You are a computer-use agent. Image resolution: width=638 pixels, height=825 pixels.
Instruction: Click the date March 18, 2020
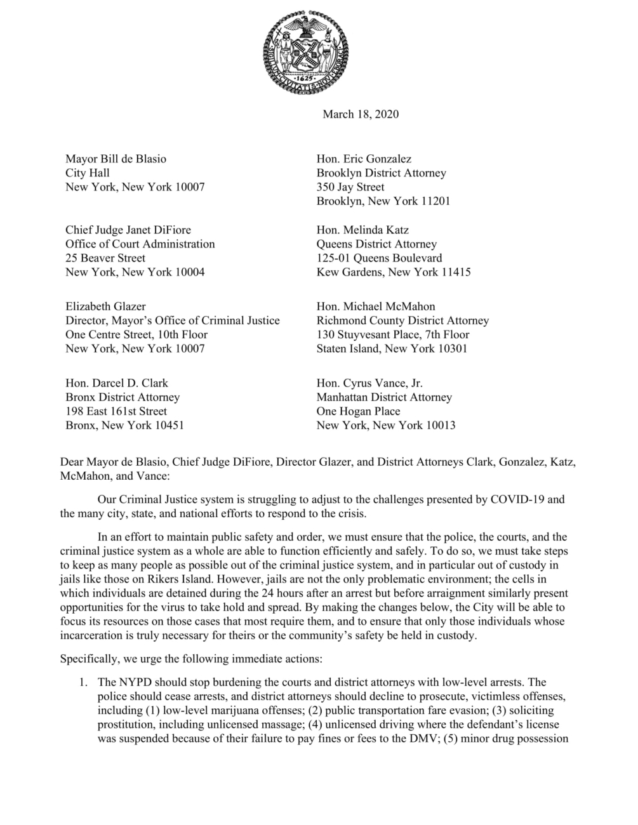point(361,114)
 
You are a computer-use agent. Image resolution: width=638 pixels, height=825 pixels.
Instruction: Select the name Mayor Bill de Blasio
point(116,159)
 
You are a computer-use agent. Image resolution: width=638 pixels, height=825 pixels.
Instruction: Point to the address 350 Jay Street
point(350,187)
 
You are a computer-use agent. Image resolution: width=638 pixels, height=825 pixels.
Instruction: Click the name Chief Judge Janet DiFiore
point(128,230)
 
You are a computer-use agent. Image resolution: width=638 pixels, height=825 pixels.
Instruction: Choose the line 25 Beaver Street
point(105,258)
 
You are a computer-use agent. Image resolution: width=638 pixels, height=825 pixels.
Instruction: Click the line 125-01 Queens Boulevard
point(379,258)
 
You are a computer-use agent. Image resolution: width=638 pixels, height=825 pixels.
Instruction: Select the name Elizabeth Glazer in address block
point(105,306)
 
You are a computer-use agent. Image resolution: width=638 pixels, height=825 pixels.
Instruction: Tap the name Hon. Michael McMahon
point(376,306)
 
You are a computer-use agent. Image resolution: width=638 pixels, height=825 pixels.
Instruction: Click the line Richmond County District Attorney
point(402,320)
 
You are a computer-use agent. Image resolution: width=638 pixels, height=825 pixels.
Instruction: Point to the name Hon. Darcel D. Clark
point(117,383)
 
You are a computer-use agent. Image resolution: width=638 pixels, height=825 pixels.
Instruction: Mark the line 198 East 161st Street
point(116,411)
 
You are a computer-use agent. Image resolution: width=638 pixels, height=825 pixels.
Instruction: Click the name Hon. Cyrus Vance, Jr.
point(369,383)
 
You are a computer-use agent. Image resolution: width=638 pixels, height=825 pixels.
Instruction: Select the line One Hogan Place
point(358,411)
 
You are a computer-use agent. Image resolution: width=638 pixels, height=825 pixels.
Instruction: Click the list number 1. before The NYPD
point(83,682)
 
